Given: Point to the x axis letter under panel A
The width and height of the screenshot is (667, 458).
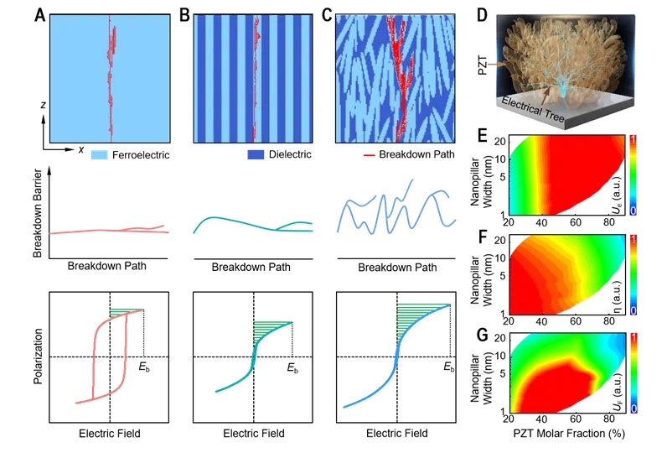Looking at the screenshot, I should tap(81, 148).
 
